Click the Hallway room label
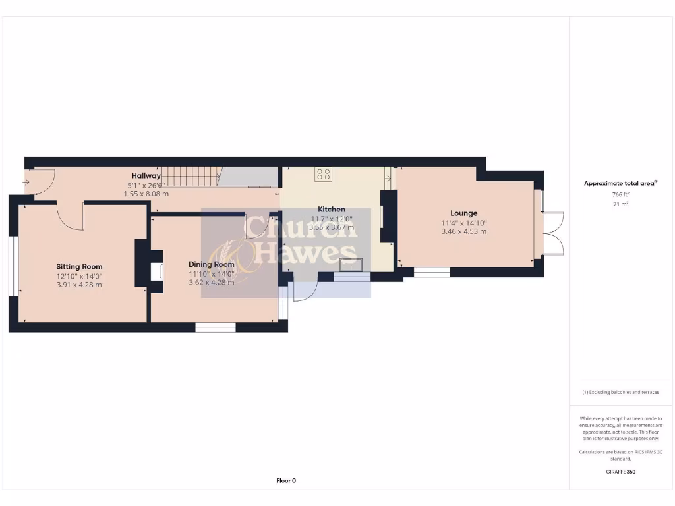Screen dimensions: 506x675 146,176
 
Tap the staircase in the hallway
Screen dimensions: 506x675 191,177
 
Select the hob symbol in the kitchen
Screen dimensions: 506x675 323,175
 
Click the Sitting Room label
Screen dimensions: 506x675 79,267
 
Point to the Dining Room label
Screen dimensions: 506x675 212,264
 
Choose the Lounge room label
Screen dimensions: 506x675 463,213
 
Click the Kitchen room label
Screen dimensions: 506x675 332,210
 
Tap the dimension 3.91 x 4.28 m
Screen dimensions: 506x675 79,285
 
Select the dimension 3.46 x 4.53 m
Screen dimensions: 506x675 463,231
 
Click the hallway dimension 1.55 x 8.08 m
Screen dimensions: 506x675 146,194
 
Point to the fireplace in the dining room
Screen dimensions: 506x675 157,272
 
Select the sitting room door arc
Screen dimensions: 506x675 71,217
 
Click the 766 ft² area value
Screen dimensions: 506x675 620,195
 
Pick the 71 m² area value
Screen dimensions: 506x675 620,204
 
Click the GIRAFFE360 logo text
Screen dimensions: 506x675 620,472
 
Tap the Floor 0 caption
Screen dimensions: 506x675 285,481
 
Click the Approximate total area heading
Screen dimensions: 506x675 620,184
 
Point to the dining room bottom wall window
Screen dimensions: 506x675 216,327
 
